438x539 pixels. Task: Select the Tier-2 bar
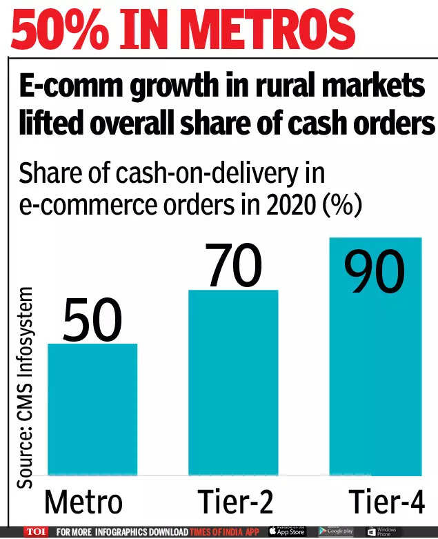click(233, 382)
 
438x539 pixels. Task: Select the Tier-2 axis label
click(233, 502)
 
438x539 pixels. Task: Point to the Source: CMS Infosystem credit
click(26, 386)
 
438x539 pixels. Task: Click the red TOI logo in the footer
click(34, 532)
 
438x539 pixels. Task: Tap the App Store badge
click(286, 531)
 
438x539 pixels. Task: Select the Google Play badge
click(337, 531)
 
